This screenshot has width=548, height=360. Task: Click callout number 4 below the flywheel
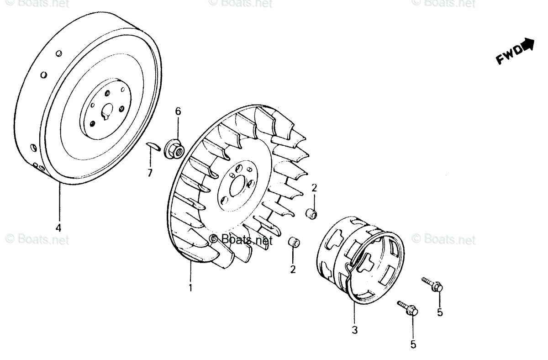(58, 227)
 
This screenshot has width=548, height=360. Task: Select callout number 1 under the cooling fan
(191, 288)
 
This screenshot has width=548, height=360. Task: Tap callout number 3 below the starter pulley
(354, 329)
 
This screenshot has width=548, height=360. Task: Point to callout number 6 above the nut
(178, 111)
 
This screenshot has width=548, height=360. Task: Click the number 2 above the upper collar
(314, 187)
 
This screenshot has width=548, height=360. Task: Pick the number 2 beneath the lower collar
(293, 269)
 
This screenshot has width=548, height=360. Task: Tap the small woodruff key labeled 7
(152, 146)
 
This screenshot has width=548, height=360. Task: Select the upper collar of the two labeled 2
(311, 212)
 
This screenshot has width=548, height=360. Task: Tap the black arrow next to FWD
(528, 44)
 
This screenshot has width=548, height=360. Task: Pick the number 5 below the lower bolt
(413, 345)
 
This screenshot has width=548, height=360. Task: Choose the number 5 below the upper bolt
(440, 313)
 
